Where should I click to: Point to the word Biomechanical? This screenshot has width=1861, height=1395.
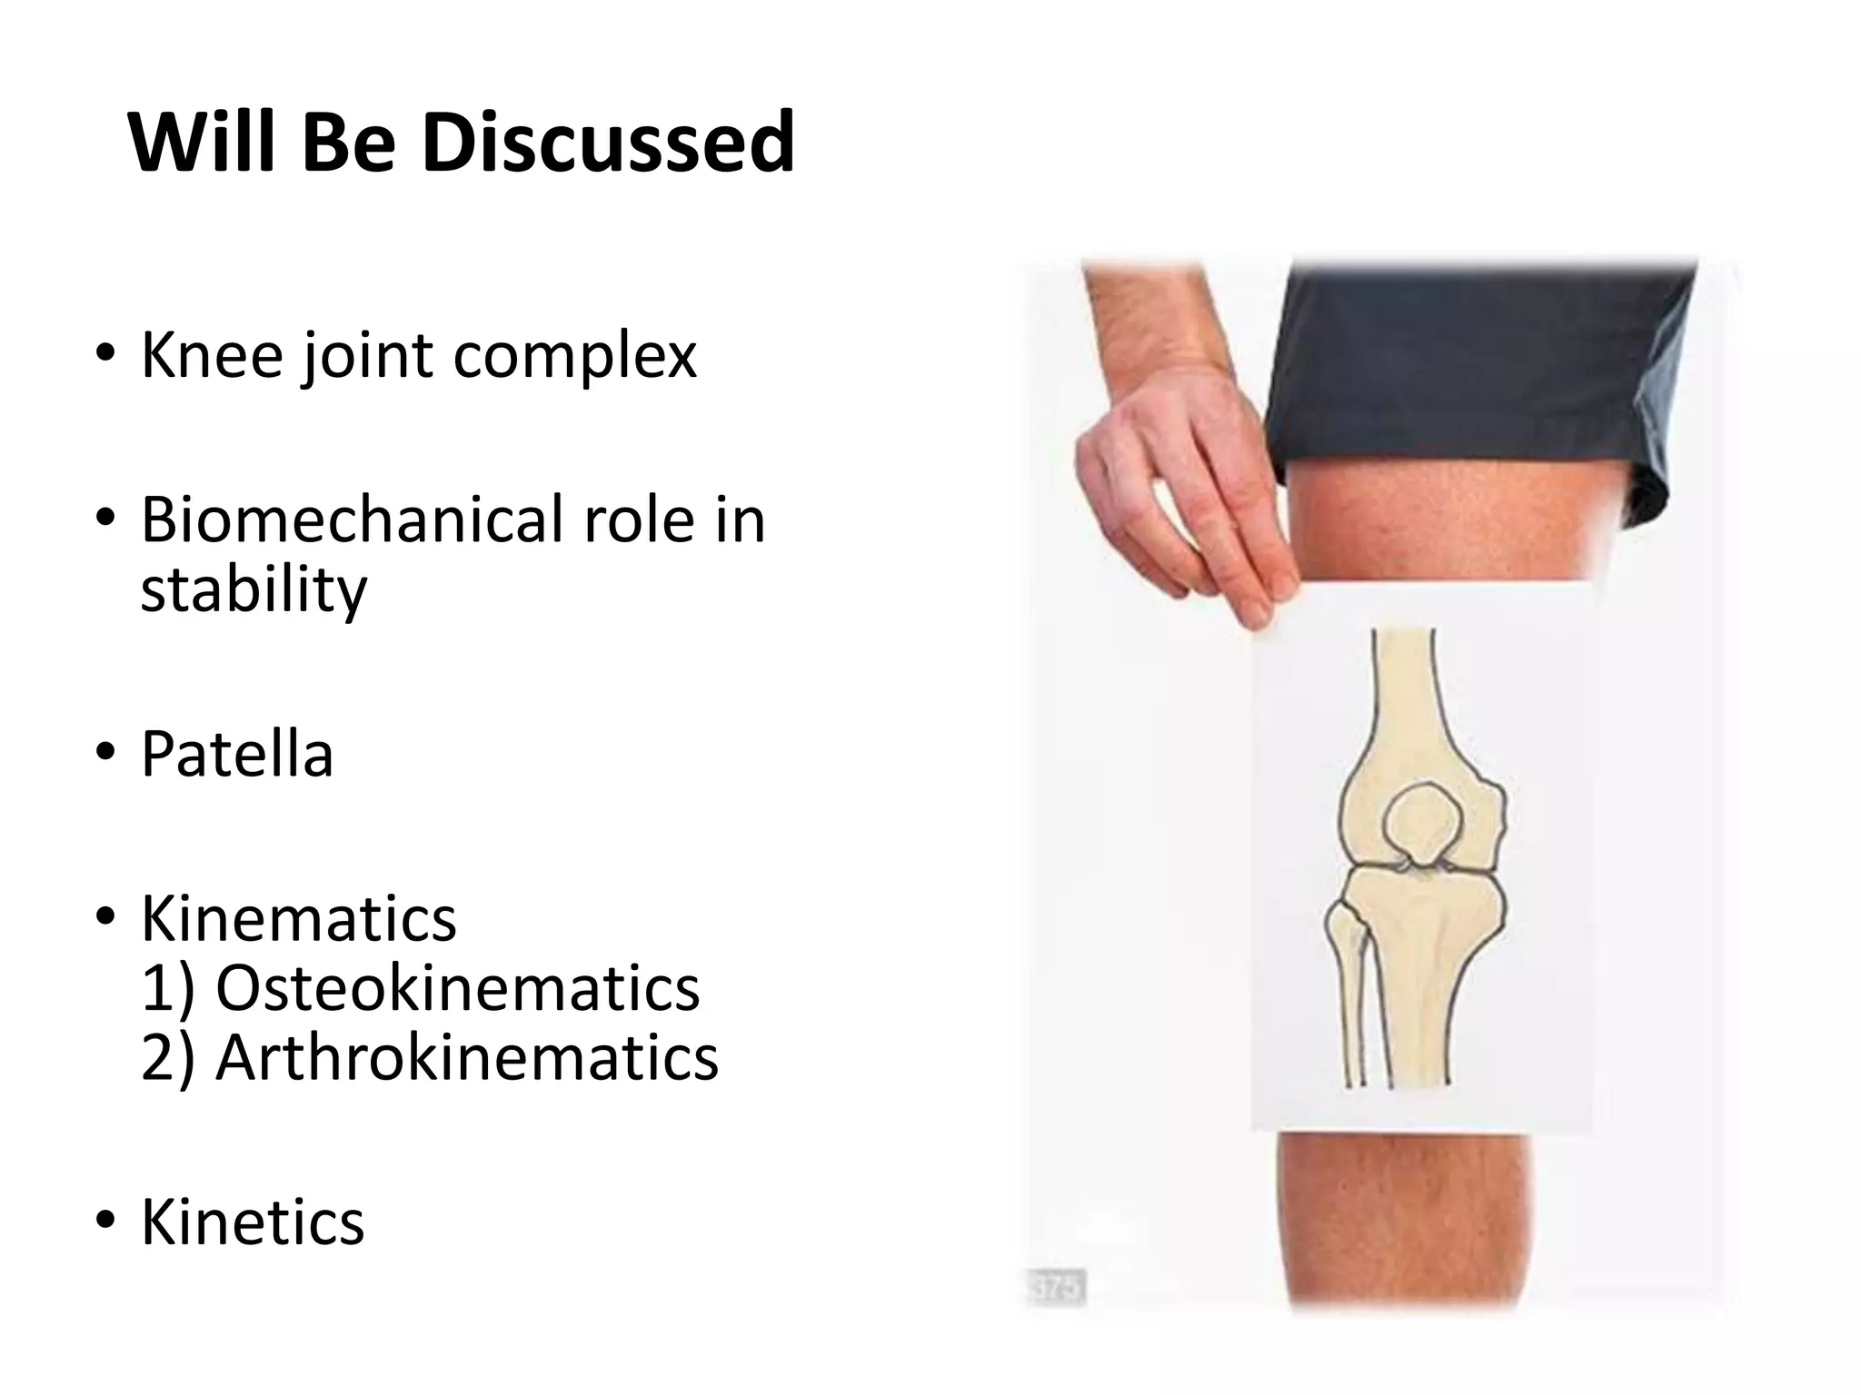(x=354, y=519)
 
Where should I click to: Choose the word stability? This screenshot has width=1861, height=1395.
(x=254, y=589)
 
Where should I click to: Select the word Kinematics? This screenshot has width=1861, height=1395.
(x=298, y=919)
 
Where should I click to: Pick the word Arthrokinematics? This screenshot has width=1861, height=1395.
(x=467, y=1058)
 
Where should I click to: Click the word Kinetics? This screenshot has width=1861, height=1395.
(x=253, y=1222)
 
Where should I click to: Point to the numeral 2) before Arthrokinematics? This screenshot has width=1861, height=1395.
(x=168, y=1058)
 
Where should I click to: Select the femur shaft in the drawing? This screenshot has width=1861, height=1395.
(x=1403, y=690)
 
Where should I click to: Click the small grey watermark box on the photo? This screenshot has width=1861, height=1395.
(x=1057, y=1287)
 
